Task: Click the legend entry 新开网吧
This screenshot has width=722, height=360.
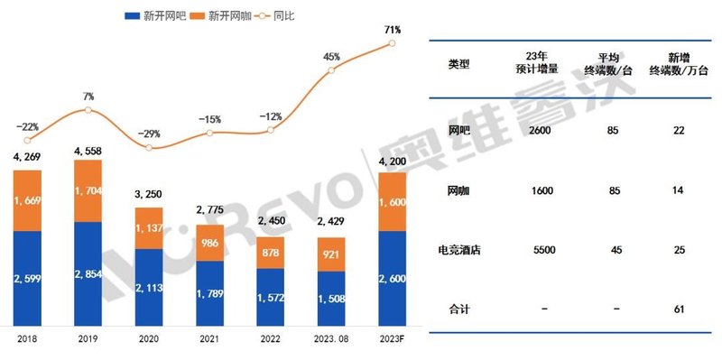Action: pyautogui.click(x=155, y=15)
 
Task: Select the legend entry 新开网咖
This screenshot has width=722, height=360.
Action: pyautogui.click(x=231, y=15)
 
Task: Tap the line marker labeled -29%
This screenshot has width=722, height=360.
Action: pyautogui.click(x=149, y=147)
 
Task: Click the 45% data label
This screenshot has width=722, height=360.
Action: pyautogui.click(x=331, y=57)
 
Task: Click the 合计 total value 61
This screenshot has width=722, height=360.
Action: pyautogui.click(x=678, y=309)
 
